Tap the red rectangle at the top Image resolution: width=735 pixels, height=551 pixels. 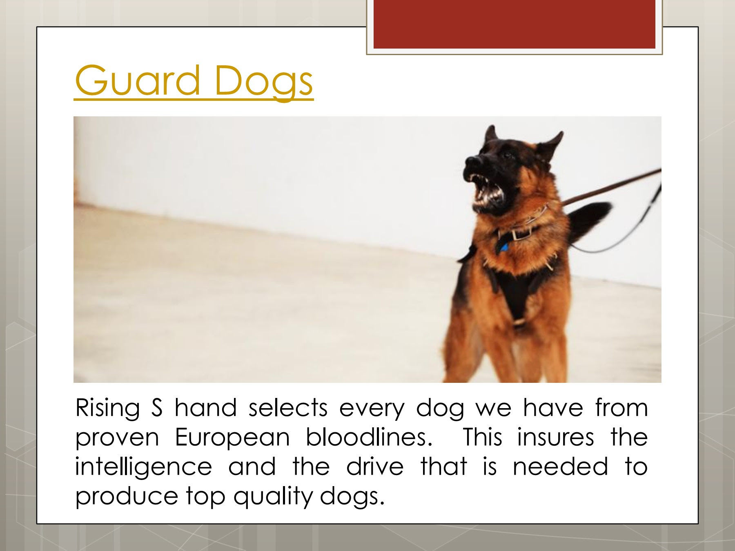(514, 24)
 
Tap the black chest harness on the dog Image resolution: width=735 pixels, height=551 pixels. (517, 292)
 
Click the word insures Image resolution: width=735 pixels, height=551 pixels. (555, 437)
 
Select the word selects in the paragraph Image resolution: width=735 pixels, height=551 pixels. (288, 407)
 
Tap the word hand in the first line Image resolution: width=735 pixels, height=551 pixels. (205, 407)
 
